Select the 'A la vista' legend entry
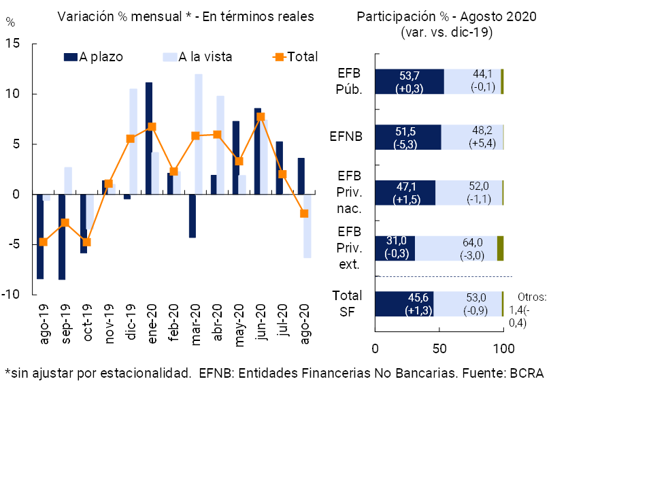point(205,57)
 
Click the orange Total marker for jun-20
point(261,117)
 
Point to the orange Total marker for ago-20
point(304,214)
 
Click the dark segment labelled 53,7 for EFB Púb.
point(409,81)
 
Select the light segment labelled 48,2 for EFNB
point(472,137)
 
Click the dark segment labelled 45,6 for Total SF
point(404,304)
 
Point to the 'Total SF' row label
point(347,304)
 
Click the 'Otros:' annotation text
point(531,297)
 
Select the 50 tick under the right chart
point(439,348)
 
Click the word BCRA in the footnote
point(526,373)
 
